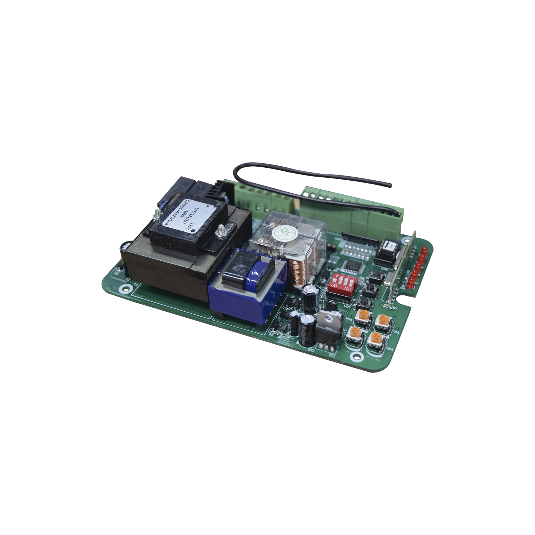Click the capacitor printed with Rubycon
coord(309,324)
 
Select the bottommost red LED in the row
coord(410,285)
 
